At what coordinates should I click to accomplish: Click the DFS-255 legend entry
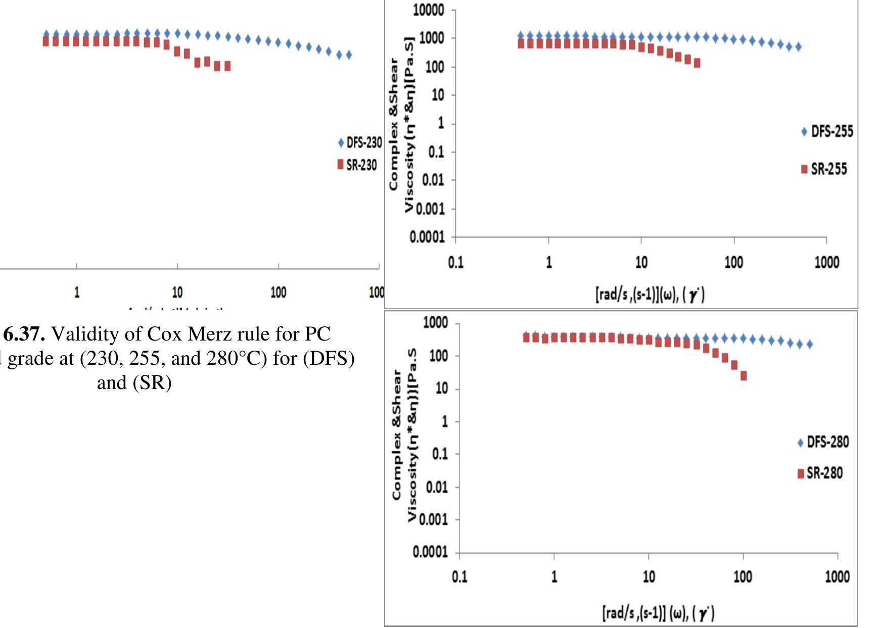(827, 132)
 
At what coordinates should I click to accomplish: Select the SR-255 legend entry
(824, 169)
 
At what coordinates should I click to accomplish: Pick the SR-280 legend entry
(820, 473)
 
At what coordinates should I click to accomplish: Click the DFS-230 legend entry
(360, 143)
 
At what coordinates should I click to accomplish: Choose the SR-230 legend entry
(357, 165)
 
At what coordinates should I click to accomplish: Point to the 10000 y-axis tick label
(428, 11)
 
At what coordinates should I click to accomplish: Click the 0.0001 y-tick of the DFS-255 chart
(427, 237)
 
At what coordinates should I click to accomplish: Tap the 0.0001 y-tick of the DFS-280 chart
(430, 552)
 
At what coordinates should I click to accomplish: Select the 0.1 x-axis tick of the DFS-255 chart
(455, 262)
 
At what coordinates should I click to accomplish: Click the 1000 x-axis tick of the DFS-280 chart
(837, 577)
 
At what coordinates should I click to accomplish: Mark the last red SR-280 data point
(744, 376)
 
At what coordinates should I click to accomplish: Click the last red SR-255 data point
(697, 63)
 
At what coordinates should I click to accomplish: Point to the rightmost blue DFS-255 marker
(799, 47)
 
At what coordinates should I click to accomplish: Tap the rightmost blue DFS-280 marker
(809, 345)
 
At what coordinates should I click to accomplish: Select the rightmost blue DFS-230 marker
(348, 55)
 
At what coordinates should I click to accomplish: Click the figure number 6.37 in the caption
(24, 334)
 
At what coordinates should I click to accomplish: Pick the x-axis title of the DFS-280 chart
(658, 614)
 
